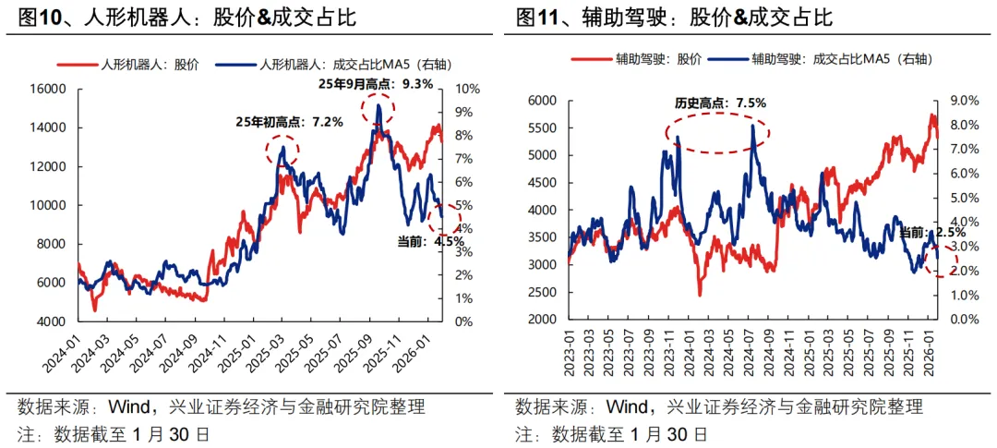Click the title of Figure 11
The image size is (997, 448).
pyautogui.click(x=675, y=18)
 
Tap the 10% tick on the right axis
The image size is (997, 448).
pyautogui.click(x=466, y=90)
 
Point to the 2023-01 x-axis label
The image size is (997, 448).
pyautogui.click(x=570, y=354)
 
